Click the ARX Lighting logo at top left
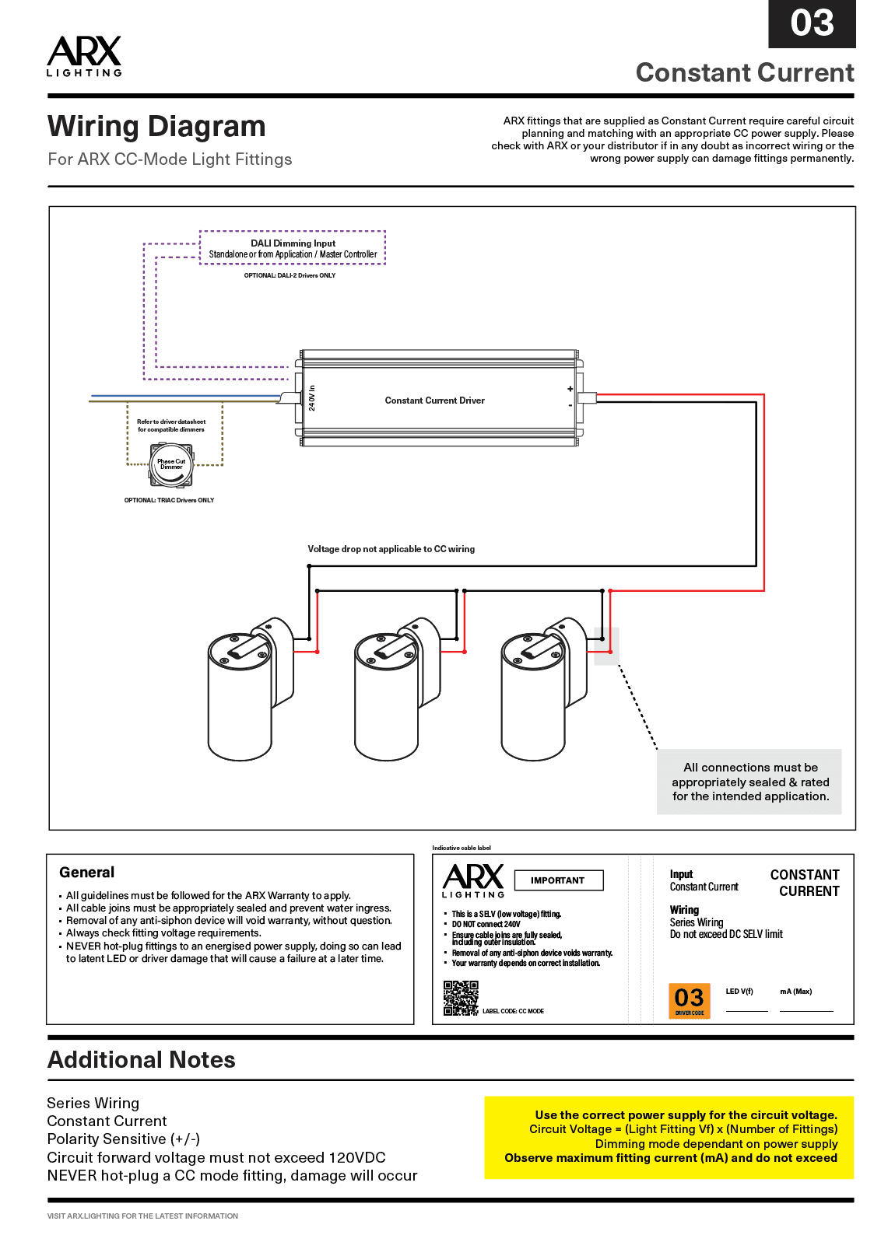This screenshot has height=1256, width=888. point(84,55)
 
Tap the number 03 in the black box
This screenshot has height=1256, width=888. point(812,23)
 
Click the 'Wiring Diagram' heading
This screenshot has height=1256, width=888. point(156,126)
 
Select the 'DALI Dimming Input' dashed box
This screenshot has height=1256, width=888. point(293,248)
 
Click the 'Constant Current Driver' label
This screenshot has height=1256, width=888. point(434,401)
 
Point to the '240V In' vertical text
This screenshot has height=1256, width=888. point(312,397)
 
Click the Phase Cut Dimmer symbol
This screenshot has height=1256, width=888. point(171,465)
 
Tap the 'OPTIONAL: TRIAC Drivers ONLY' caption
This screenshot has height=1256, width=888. point(169,500)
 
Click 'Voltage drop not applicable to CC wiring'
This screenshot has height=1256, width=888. point(391,549)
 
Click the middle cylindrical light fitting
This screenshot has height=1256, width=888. point(387,692)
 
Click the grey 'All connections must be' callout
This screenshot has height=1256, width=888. point(749,782)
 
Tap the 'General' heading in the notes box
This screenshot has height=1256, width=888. point(86,873)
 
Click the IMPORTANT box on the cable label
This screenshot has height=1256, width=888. point(558,880)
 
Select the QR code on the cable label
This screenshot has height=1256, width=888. point(461,998)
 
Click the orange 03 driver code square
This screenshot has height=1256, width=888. point(690,1000)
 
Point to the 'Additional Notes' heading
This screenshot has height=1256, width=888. point(142,1060)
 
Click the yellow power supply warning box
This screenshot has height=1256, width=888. point(669,1137)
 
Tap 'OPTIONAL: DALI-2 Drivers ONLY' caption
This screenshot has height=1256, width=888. point(290,275)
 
